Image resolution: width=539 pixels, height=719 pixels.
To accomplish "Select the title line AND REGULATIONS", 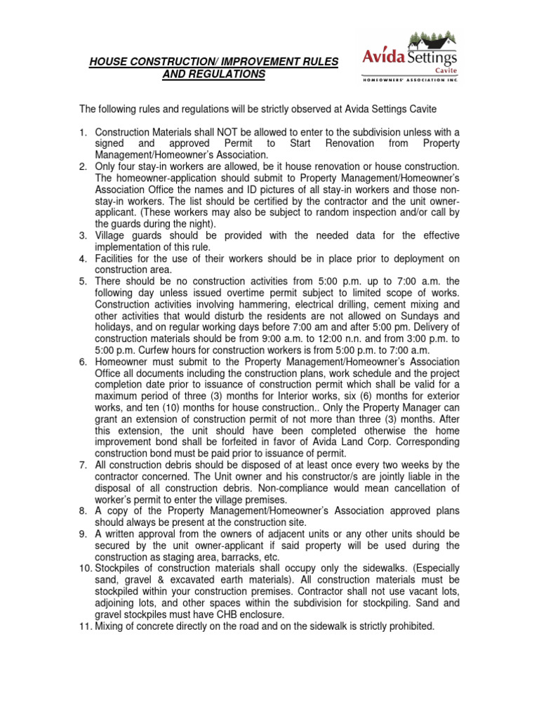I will click(213, 74).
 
